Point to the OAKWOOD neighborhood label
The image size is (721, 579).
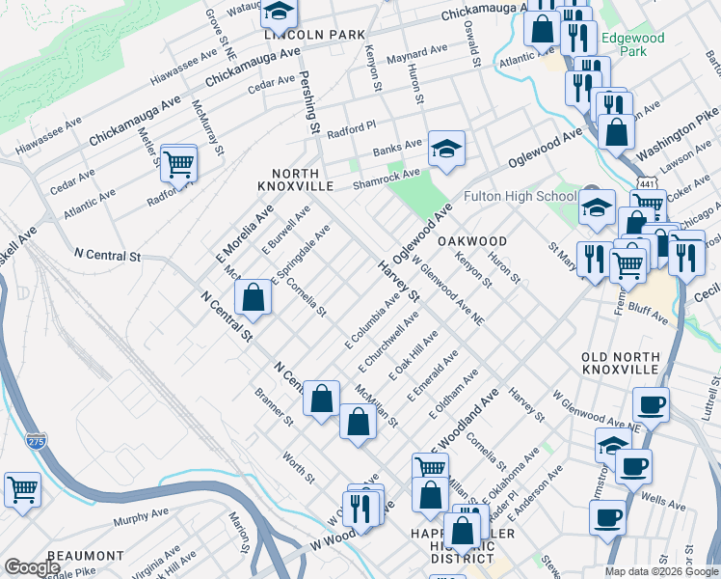(x=472, y=240)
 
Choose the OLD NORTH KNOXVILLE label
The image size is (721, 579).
(x=620, y=363)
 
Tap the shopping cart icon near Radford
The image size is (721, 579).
(x=179, y=164)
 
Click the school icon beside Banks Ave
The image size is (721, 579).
(x=446, y=150)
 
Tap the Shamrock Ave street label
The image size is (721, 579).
(x=387, y=178)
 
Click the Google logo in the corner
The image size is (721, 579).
(x=32, y=567)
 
